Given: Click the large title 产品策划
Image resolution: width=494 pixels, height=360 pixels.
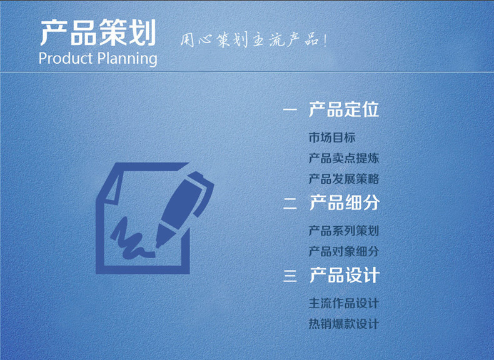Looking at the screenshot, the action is tap(98, 32).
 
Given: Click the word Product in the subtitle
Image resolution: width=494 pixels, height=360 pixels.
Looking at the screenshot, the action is tap(66, 58).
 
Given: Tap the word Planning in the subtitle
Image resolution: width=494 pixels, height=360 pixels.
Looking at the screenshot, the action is tap(128, 59).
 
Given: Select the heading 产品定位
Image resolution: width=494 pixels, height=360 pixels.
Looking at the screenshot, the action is tap(344, 109).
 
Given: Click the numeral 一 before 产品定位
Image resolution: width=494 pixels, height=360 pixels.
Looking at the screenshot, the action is tap(290, 109).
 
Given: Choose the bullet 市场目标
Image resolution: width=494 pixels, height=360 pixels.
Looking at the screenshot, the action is tap(332, 137).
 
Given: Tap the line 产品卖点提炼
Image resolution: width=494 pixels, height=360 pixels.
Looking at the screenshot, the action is tap(344, 158).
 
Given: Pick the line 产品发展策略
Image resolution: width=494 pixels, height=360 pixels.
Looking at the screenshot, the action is tap(344, 179).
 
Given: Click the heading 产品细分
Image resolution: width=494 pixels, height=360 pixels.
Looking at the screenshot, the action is tap(345, 202).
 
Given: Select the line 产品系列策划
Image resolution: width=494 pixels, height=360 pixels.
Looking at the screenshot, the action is tap(344, 231).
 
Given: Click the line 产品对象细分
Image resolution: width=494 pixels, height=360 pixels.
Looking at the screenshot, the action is tap(344, 251).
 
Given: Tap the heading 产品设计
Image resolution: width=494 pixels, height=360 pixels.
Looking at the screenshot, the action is tap(345, 275).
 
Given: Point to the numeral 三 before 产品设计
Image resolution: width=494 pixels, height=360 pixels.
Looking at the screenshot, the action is tap(290, 275).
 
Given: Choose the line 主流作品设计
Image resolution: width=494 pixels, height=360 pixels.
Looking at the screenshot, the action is tap(344, 303).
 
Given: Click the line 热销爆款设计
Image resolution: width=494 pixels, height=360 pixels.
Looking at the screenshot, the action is tap(344, 324).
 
